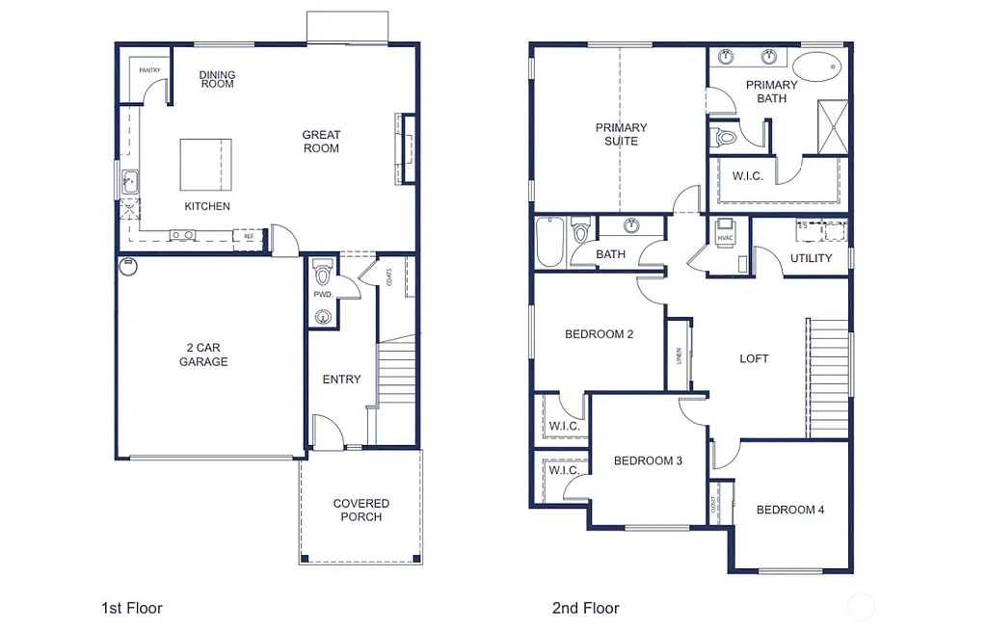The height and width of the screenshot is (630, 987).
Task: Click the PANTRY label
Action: pos(149,70)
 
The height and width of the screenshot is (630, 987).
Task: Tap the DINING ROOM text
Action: pos(217,80)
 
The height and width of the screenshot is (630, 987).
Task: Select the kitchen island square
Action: pos(205,165)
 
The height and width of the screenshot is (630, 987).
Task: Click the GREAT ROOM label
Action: pos(321,142)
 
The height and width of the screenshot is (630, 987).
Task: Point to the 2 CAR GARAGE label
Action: pos(203,354)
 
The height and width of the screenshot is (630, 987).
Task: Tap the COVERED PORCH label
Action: pos(361,510)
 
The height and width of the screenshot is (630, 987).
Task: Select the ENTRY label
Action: pos(341,380)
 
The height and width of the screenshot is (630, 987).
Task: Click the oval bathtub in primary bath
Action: pos(817,66)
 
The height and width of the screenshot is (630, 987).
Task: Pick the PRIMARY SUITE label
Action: pos(621,134)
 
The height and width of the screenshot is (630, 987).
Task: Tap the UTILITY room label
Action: pos(811,258)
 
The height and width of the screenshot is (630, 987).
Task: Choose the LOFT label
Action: pos(754,358)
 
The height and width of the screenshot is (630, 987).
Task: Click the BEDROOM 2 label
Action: pos(599,334)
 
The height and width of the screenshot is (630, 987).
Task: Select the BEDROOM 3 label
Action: pos(648,460)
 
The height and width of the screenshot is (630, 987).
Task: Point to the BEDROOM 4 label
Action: pos(789,510)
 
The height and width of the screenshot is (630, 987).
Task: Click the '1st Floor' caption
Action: pos(132,608)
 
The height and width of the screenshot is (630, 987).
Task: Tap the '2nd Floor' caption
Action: pos(585,608)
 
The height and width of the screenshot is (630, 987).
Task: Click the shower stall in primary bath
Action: pos(832,125)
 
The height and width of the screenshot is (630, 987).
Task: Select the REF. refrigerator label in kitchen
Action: pos(248,236)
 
